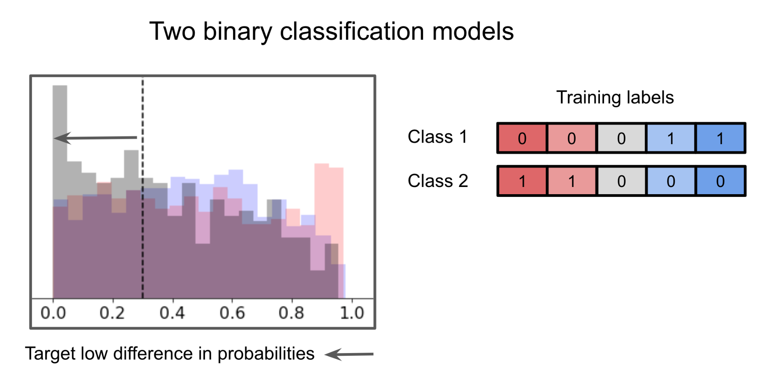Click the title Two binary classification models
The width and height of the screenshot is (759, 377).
click(331, 31)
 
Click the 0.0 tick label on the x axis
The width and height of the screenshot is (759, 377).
click(53, 313)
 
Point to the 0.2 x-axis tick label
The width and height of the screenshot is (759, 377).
click(112, 313)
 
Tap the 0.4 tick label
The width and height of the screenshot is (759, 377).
click(172, 313)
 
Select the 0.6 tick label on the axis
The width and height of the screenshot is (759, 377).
click(232, 313)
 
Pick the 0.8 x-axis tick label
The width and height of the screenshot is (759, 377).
click(291, 313)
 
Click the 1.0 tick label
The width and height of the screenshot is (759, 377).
click(352, 313)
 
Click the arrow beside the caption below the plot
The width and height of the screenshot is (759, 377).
click(349, 354)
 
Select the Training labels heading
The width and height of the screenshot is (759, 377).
click(615, 97)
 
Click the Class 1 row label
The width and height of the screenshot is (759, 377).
click(437, 137)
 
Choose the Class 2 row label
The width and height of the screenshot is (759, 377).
click(438, 181)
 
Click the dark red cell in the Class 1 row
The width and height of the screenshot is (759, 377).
click(522, 138)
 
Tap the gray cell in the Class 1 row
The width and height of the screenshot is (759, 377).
click(621, 138)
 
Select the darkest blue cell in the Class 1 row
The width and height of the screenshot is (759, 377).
click(720, 138)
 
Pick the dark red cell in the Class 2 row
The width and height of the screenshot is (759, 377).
click(522, 181)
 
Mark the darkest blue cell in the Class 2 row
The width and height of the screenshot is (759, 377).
click(720, 181)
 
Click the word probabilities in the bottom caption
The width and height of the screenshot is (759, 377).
click(266, 354)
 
